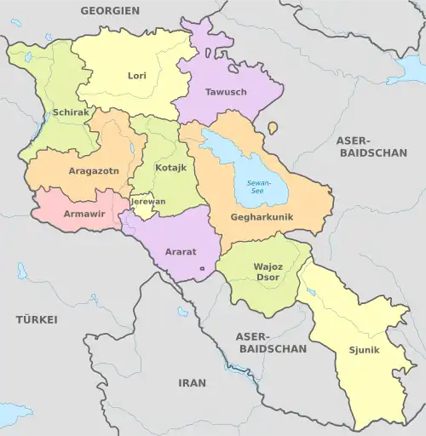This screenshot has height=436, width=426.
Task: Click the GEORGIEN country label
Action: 109,11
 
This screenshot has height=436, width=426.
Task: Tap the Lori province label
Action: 137,76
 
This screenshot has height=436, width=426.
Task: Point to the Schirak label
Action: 70,112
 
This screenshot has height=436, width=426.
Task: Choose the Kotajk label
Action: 170,168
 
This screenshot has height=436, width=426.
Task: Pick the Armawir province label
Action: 84,213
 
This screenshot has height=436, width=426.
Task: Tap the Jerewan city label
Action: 149,202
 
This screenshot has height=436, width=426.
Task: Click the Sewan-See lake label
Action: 256,187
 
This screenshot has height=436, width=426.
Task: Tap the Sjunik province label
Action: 364,350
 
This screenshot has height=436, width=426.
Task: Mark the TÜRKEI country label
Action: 36,319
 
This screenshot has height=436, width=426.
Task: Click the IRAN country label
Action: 192,383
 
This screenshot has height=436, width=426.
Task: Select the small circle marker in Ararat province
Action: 202,269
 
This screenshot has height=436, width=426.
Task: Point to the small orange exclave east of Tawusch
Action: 273,128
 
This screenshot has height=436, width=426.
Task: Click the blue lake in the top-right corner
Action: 407,70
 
